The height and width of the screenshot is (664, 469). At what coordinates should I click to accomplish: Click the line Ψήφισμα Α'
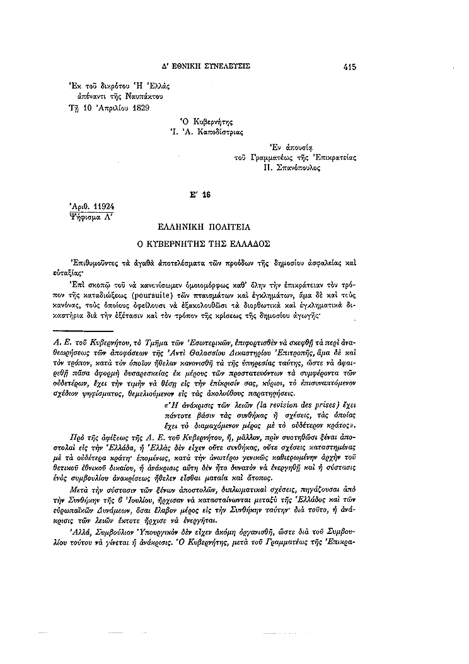(87, 215)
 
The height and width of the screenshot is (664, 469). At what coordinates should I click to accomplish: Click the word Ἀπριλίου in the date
(105, 107)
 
